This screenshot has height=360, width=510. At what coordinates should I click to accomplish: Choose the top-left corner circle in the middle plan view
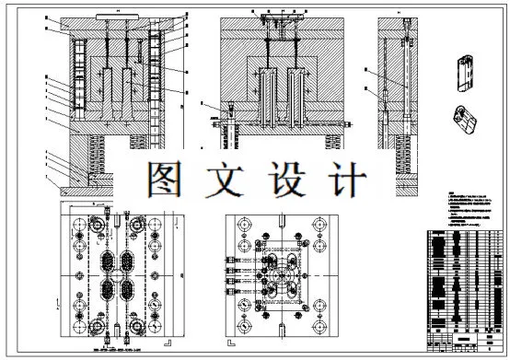(243, 225)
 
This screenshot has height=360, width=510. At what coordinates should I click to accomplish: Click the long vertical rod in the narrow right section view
(402, 83)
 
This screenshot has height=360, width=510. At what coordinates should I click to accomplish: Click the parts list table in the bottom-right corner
(467, 285)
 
